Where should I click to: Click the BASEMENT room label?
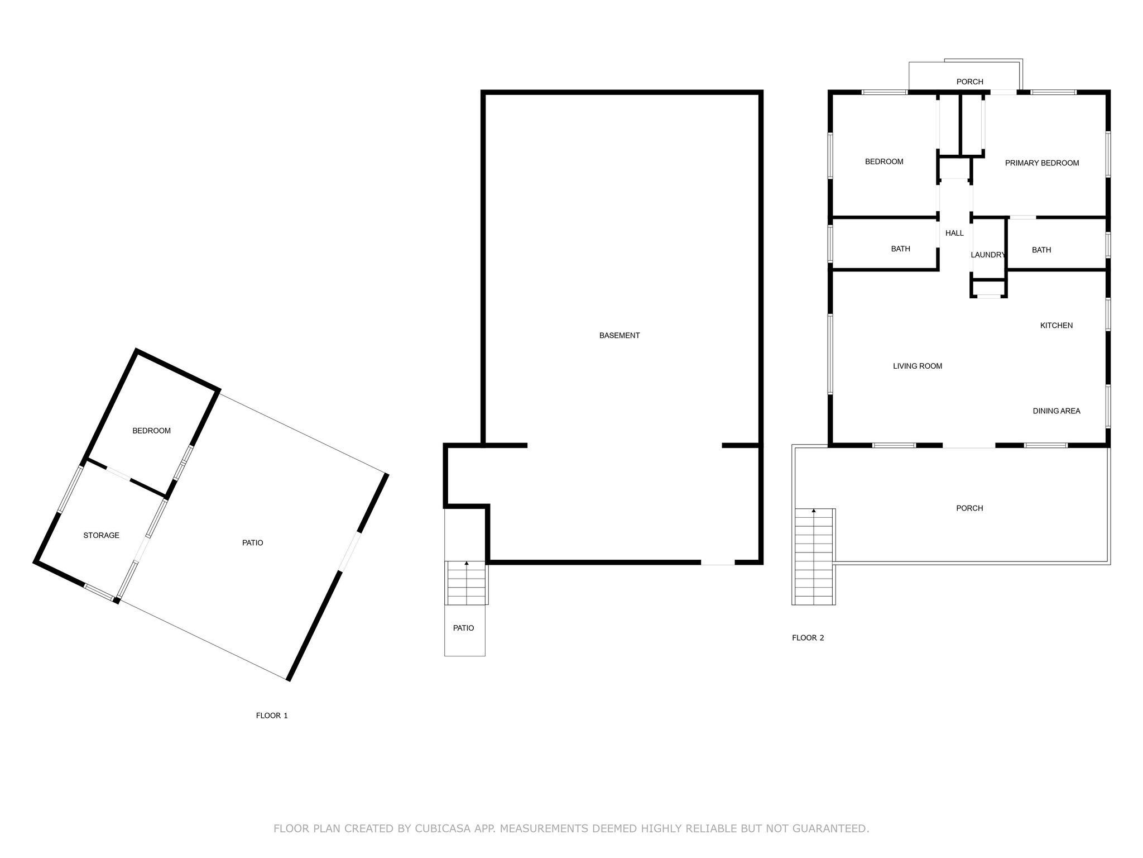(x=619, y=336)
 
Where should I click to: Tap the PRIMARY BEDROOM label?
(x=1042, y=163)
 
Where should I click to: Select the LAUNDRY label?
(x=988, y=255)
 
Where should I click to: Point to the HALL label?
(x=954, y=233)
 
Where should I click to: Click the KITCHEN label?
(x=1056, y=326)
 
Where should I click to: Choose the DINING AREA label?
(x=1056, y=411)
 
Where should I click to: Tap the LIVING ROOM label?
(x=918, y=366)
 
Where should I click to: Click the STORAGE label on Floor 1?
(x=101, y=536)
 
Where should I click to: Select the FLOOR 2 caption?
(x=808, y=638)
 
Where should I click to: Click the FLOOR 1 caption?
(x=272, y=716)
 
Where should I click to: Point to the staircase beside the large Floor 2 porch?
(x=814, y=557)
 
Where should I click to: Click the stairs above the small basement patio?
(x=467, y=583)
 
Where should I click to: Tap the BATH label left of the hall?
(x=901, y=249)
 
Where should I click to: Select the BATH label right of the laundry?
(x=1041, y=250)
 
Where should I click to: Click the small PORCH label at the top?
(x=970, y=82)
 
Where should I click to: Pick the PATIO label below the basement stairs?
(x=464, y=628)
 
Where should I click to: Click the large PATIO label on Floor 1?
(x=253, y=543)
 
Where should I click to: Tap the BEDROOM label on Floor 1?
(x=151, y=431)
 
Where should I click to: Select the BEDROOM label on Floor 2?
(x=884, y=162)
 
